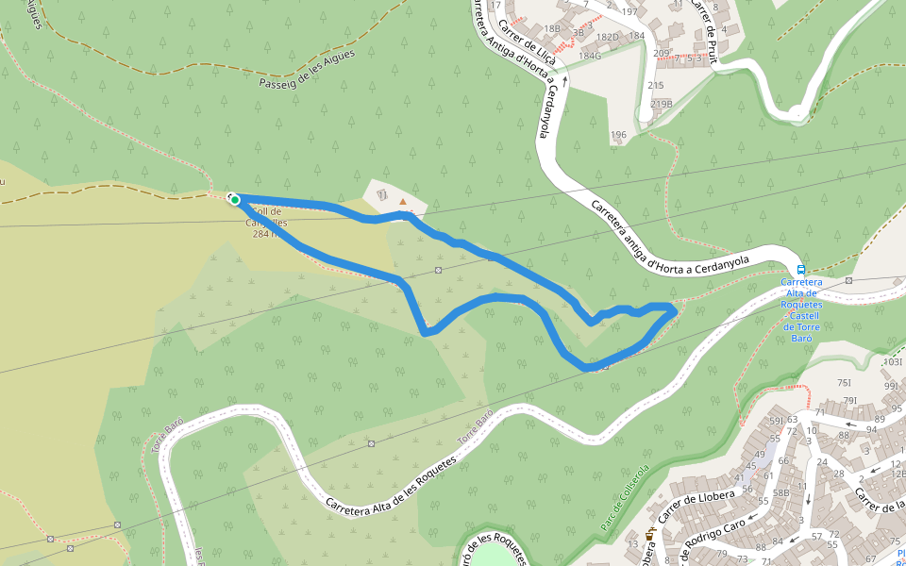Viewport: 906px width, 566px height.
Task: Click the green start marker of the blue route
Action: [234, 199]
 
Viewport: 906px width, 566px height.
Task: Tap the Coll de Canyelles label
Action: [266, 223]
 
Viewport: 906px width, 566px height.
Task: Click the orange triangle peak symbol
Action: [404, 201]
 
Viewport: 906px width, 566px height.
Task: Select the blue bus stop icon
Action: [801, 269]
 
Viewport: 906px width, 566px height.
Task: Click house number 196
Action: [618, 135]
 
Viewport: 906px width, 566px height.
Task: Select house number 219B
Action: [661, 104]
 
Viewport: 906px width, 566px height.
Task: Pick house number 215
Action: [655, 86]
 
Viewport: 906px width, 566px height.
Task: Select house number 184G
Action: [589, 55]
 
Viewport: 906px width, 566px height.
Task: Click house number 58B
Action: [780, 492]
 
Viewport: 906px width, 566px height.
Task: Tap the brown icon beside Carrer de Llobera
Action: [649, 536]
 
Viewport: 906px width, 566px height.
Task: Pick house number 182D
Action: [607, 37]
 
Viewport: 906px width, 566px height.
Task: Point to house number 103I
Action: [891, 362]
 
